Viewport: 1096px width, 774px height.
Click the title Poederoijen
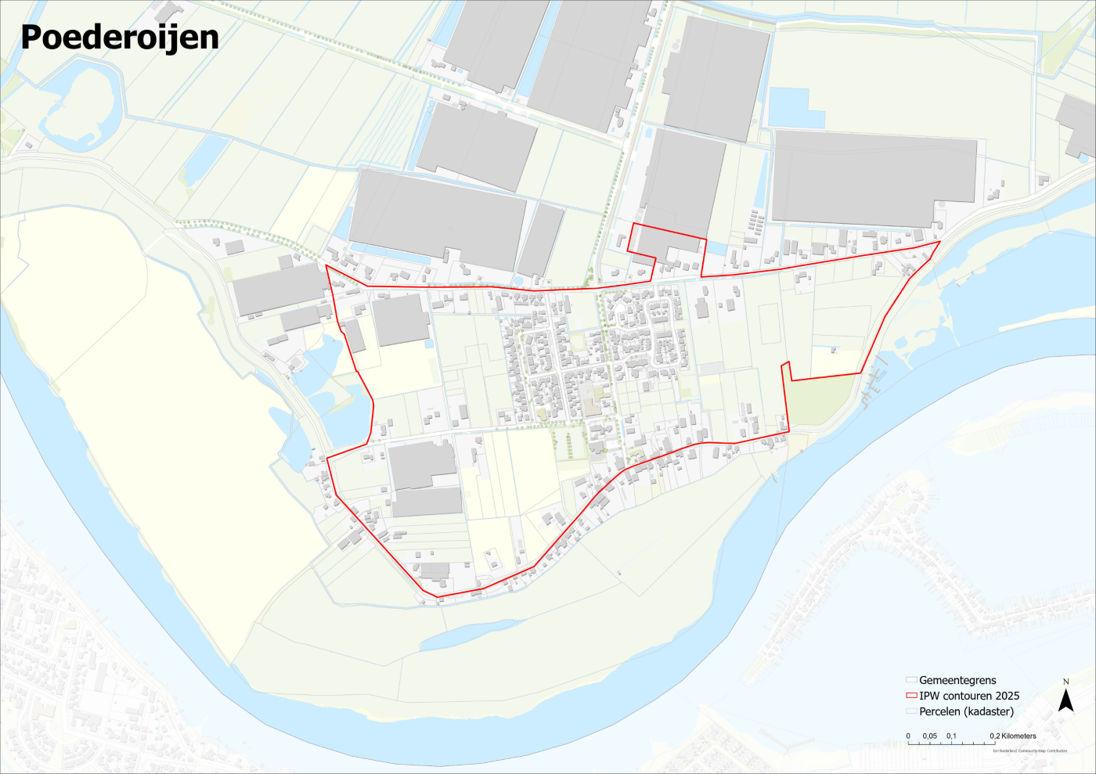click(119, 37)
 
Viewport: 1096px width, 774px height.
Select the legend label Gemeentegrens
click(957, 680)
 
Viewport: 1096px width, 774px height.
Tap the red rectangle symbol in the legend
click(910, 696)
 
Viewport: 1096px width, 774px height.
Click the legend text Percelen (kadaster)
click(966, 711)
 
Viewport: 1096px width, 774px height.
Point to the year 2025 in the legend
click(1007, 696)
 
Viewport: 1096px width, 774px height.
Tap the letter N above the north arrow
click(1065, 682)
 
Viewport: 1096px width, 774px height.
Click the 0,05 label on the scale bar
click(929, 736)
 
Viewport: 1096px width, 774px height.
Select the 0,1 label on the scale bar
click(951, 736)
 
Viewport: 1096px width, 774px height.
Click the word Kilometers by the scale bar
click(1018, 736)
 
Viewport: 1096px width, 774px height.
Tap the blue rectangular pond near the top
click(796, 108)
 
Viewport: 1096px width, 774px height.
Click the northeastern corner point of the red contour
click(939, 242)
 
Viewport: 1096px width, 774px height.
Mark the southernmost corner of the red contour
click(437, 597)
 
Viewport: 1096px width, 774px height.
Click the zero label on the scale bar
click(908, 736)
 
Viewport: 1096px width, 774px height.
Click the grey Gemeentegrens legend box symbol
click(910, 680)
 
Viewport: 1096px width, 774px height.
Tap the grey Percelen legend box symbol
click(910, 711)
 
